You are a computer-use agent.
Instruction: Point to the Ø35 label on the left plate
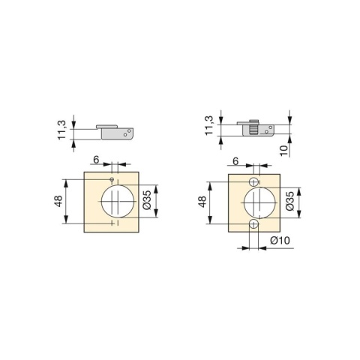pos(147,199)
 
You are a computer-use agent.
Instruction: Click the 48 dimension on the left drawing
pos(58,201)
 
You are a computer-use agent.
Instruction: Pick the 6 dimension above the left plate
pos(96,160)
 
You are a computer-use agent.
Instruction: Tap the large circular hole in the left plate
pos(114,200)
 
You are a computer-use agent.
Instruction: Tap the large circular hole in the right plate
pos(256,202)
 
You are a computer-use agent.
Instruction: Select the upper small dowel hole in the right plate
pos(255,181)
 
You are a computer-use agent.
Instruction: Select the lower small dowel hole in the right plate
pos(255,224)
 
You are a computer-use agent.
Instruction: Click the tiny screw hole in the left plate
pos(110,179)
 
